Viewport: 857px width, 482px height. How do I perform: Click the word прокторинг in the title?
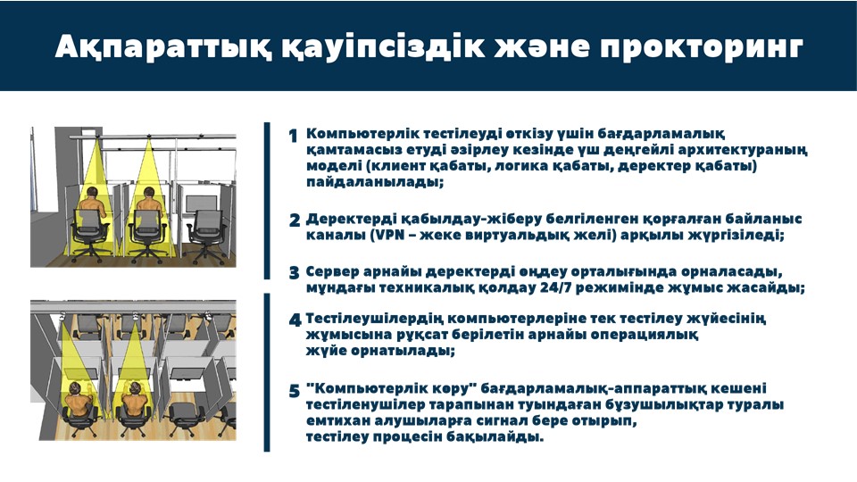702,47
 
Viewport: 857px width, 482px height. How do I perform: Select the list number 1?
294,136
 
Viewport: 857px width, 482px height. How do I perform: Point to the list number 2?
295,220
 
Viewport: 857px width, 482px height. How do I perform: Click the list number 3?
295,273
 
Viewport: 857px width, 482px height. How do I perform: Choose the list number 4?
295,320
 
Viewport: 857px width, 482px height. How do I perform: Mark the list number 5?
295,391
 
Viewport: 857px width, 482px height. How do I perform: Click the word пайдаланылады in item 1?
375,182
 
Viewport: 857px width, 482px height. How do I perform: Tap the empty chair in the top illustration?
206,236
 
